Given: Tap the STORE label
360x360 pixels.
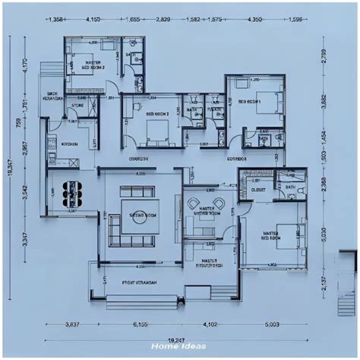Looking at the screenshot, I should pyautogui.click(x=77, y=106).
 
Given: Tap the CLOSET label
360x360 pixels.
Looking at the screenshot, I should pyautogui.click(x=258, y=189).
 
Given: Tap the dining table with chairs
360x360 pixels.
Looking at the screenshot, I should pyautogui.click(x=71, y=193).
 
